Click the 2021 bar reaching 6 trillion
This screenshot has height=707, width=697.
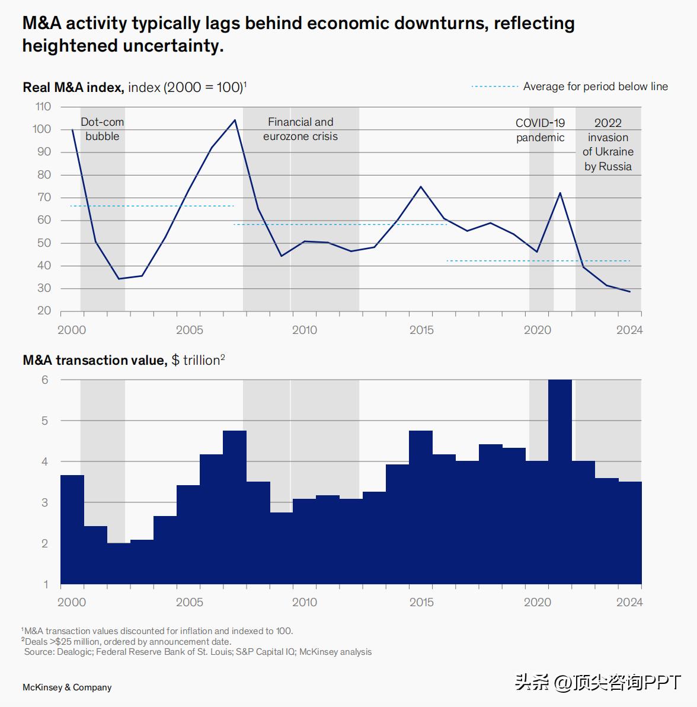pyautogui.click(x=560, y=480)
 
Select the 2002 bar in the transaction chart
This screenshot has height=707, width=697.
pyautogui.click(x=119, y=563)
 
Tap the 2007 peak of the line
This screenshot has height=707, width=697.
pyautogui.click(x=235, y=120)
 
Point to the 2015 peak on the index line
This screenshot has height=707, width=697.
pyautogui.click(x=421, y=187)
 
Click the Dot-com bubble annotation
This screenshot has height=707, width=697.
pyautogui.click(x=103, y=129)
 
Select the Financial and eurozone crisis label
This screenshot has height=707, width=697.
pyautogui.click(x=300, y=129)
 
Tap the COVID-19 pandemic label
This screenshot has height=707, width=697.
pyautogui.click(x=540, y=130)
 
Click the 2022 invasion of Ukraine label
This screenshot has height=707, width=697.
pyautogui.click(x=608, y=145)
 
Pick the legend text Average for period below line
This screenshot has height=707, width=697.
pyautogui.click(x=595, y=87)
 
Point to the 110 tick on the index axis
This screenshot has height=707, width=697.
pyautogui.click(x=43, y=107)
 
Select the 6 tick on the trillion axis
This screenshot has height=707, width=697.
pyautogui.click(x=45, y=380)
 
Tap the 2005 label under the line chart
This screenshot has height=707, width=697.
pyautogui.click(x=189, y=330)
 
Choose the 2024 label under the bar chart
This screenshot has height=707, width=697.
pyautogui.click(x=629, y=602)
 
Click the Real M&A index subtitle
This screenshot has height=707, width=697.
pyautogui.click(x=134, y=87)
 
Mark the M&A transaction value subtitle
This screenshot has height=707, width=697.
pyautogui.click(x=123, y=360)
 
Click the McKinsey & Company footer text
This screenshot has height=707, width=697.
pyautogui.click(x=67, y=687)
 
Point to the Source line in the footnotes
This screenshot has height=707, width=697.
pyautogui.click(x=198, y=652)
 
